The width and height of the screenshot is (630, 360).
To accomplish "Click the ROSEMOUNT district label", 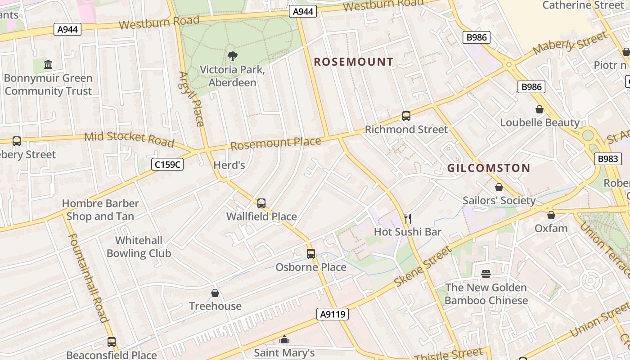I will tap(353, 62).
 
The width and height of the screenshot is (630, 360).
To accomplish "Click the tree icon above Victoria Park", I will tap(232, 56).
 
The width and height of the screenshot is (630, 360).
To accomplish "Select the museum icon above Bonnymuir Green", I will tap(48, 65).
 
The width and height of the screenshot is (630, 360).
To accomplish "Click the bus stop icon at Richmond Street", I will tap(406, 116).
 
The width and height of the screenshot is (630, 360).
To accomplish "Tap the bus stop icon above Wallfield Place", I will tap(261, 203).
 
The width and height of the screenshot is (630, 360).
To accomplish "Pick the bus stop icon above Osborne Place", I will tap(310, 254).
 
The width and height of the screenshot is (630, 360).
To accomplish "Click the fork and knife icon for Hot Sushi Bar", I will tap(408, 219).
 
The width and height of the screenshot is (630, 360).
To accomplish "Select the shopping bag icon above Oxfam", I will tap(551, 215).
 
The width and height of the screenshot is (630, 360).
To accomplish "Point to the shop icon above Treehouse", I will tap(215, 293).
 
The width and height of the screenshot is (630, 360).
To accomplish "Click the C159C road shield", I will tap(167, 165).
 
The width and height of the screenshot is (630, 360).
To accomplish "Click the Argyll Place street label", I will tap(192, 99).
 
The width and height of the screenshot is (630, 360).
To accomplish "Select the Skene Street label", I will tap(422, 267).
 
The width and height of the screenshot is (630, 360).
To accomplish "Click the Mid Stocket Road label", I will tap(129, 139).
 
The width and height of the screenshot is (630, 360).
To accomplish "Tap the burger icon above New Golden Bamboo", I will tap(486, 274).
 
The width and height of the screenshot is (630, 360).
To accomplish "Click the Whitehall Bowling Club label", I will tap(139, 247).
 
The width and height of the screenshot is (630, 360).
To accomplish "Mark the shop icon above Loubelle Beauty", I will tap(539, 109).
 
